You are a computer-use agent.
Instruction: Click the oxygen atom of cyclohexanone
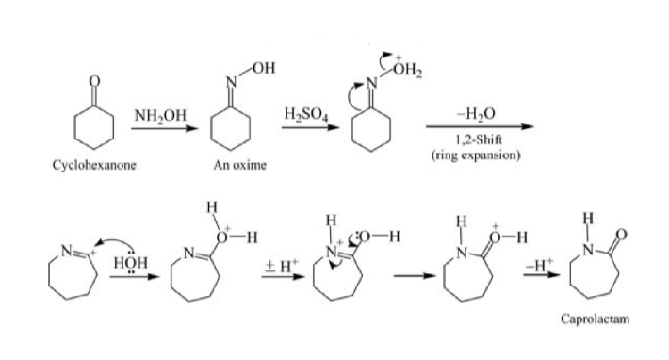click(92, 81)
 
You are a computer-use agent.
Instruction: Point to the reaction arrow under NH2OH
click(163, 128)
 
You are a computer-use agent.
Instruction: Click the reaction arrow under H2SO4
click(304, 128)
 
